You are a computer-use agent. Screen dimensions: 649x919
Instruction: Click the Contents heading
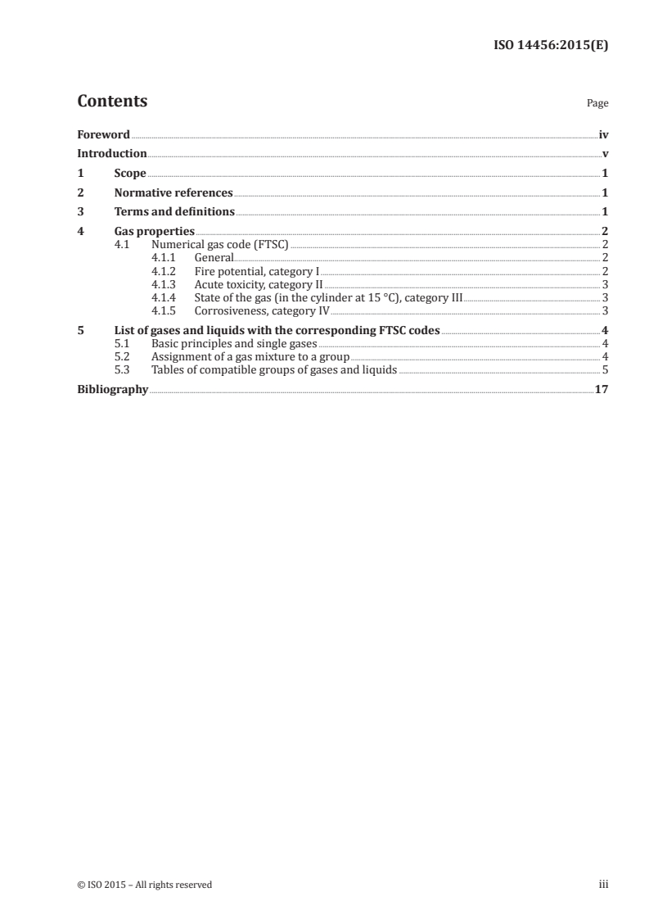(112, 102)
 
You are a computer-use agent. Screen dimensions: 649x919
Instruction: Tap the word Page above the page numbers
(597, 104)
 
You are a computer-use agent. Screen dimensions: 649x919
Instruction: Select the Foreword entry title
(103, 134)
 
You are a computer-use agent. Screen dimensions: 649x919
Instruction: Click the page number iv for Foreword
(603, 134)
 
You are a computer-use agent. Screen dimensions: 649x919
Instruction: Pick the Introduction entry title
(112, 153)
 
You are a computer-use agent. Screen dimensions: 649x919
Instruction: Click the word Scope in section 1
(130, 174)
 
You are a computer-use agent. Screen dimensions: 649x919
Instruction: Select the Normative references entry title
(174, 193)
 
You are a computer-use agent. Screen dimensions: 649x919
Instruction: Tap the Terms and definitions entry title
(174, 212)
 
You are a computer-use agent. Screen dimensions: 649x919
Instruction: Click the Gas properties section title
(154, 232)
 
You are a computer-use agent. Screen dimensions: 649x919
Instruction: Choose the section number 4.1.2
(165, 271)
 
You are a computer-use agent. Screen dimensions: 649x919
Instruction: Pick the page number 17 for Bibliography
(602, 389)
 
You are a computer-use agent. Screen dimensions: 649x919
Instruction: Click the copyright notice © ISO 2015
(144, 885)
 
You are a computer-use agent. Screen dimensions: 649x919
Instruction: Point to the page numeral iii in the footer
(603, 885)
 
